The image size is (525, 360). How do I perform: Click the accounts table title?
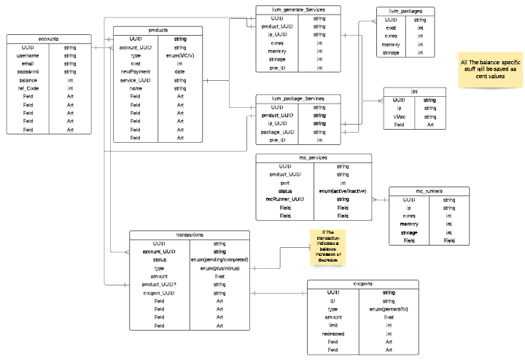(x=50, y=39)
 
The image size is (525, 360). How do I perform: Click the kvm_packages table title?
(x=405, y=12)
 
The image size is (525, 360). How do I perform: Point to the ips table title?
(x=413, y=91)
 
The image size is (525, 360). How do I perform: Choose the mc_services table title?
(x=314, y=157)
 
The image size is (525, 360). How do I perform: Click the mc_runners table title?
(x=430, y=191)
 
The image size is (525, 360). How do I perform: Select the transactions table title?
(x=190, y=234)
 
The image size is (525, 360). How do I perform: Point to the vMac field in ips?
(x=399, y=117)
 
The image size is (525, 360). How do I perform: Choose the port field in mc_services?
(x=284, y=183)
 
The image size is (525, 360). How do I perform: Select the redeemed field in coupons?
(x=332, y=333)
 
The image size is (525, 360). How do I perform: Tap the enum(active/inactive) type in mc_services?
(x=342, y=191)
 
